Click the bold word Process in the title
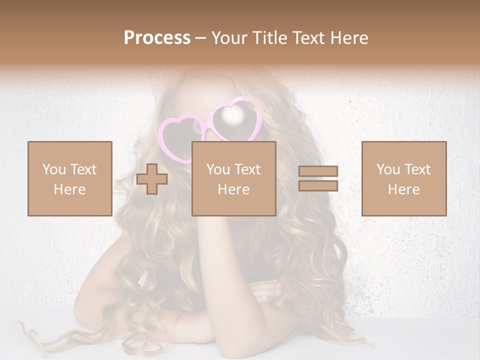pos(157,38)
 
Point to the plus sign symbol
pos(152,178)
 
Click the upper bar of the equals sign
pos(318,171)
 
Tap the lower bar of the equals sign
pos(318,185)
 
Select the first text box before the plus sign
pos(70,178)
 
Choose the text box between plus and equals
pos(233,178)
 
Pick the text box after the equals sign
pos(404,178)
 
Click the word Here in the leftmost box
pos(70,189)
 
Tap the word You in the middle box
pos(218,169)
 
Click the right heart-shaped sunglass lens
pos(233,117)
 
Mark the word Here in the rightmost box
pos(404,189)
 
